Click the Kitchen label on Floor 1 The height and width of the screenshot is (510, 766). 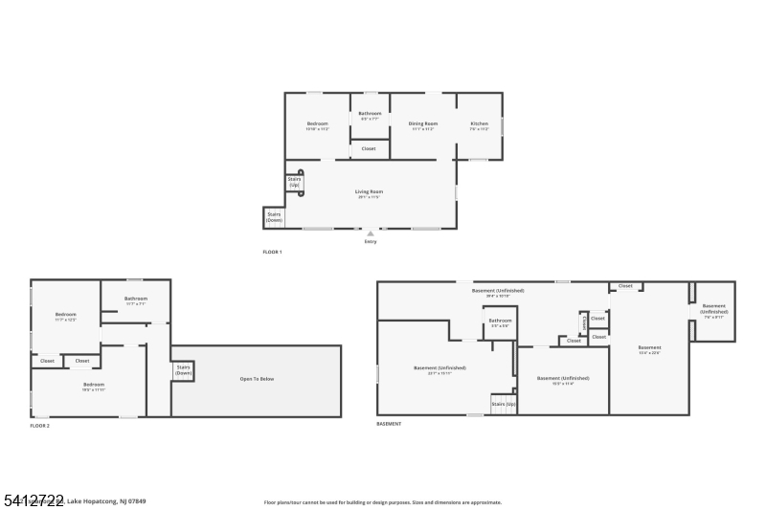[x=479, y=123]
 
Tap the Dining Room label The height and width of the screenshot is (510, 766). [x=423, y=123]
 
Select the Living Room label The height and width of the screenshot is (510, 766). [x=370, y=191]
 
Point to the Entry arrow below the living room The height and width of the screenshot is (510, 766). [x=371, y=233]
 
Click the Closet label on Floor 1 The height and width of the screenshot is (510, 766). [x=369, y=148]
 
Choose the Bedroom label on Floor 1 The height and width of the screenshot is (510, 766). [x=317, y=123]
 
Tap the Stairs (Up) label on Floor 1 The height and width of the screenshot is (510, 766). [x=294, y=182]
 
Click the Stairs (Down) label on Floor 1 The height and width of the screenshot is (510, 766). [x=274, y=217]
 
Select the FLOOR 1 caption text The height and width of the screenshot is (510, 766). [x=272, y=252]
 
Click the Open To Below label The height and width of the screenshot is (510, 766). [x=257, y=379]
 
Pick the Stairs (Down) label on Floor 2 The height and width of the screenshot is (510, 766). [x=183, y=369]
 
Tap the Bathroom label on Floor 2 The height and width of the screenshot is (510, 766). [x=135, y=299]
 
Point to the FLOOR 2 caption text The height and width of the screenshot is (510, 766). [x=39, y=425]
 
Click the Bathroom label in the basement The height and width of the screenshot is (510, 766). [x=500, y=321]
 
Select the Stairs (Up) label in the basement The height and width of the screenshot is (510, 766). [x=504, y=404]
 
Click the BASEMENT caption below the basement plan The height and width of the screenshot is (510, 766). [x=389, y=424]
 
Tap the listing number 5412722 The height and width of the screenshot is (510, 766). [x=33, y=500]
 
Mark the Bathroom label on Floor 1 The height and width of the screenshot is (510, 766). [x=370, y=114]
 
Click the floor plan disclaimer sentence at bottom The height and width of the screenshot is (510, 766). [x=382, y=502]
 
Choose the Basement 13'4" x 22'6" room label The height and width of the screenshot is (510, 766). [x=649, y=349]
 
